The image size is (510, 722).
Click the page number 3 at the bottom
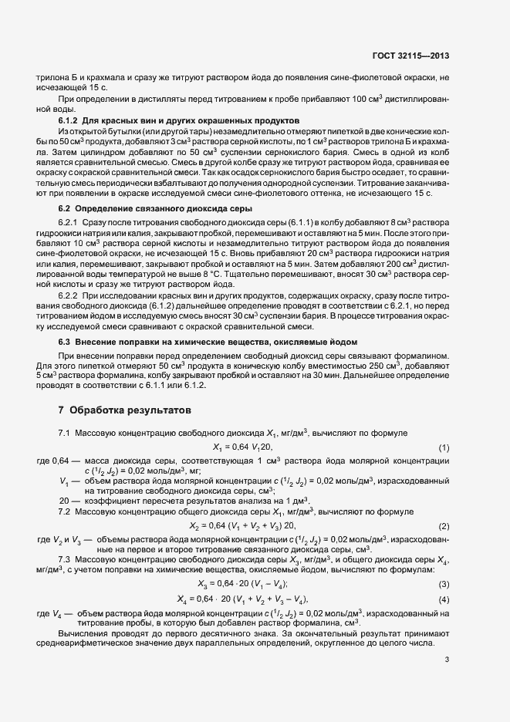pyautogui.click(x=448, y=660)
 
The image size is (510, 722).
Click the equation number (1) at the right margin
pyautogui.click(x=444, y=448)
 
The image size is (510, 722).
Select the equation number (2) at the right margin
pyautogui.click(x=444, y=525)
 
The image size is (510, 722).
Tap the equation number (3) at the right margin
pyautogui.click(x=444, y=584)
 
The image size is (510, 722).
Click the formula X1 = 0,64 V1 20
pyautogui.click(x=242, y=448)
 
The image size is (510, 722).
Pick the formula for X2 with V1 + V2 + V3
pyautogui.click(x=242, y=525)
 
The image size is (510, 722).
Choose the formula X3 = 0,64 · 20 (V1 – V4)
pyautogui.click(x=242, y=584)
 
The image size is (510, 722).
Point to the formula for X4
pyautogui.click(x=242, y=599)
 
